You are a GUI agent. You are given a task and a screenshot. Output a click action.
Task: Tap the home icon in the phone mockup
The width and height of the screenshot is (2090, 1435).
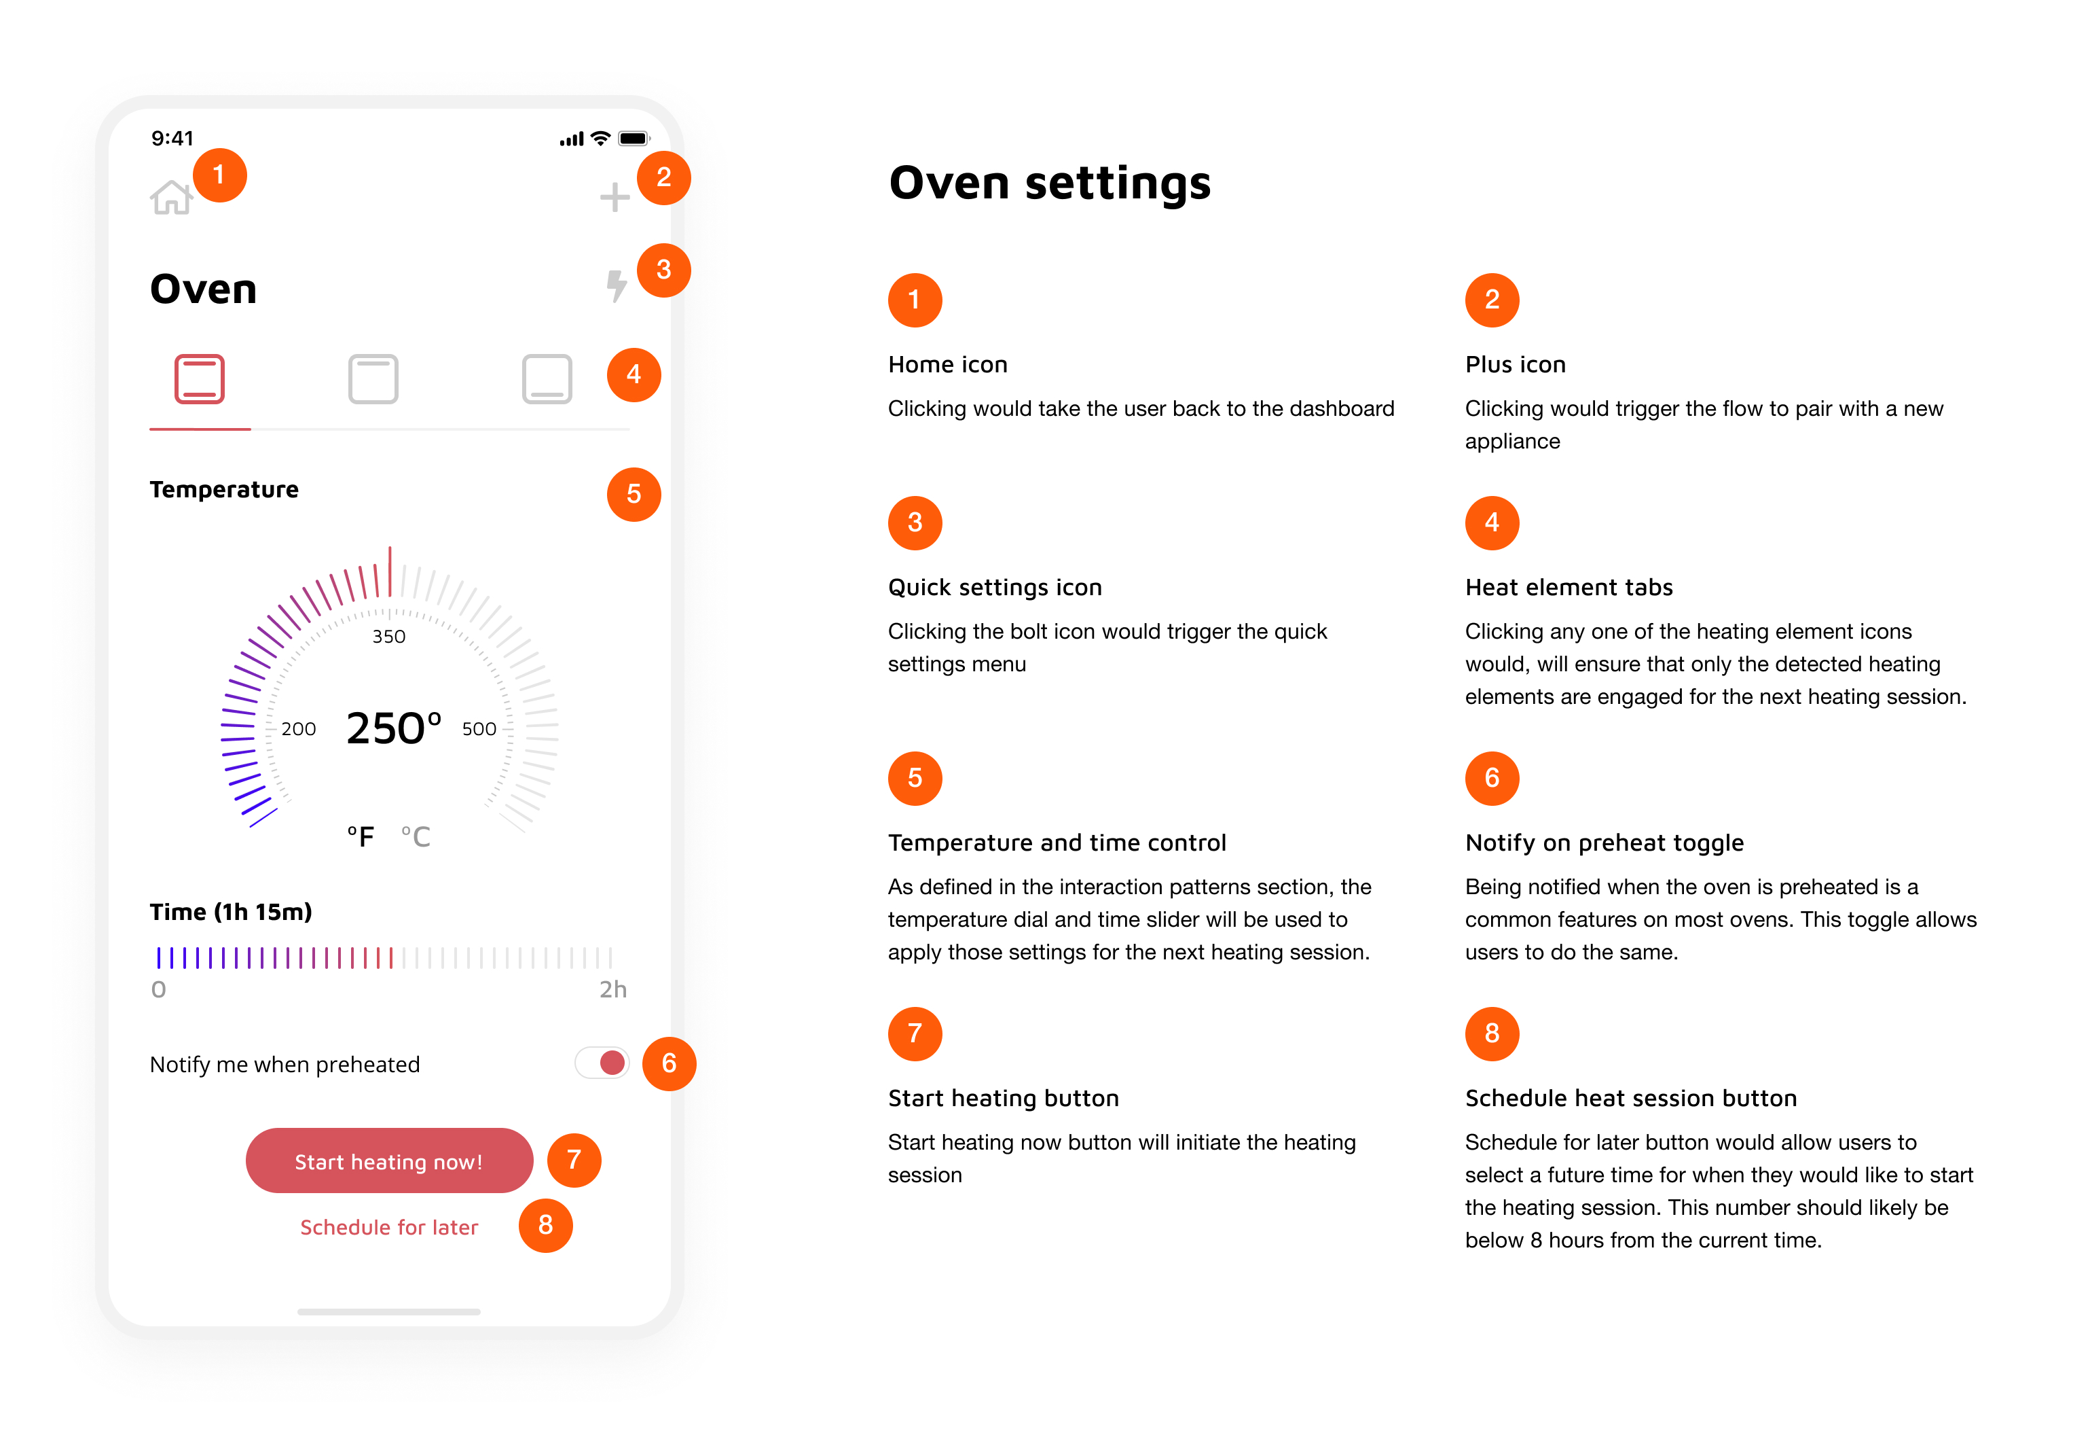tap(171, 197)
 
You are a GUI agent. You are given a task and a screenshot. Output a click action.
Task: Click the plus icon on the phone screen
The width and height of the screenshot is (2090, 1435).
tap(615, 197)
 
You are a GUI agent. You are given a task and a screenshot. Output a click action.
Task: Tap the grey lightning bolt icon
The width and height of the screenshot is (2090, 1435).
tap(616, 286)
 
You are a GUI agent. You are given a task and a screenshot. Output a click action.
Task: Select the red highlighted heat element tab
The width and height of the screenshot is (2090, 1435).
tap(199, 378)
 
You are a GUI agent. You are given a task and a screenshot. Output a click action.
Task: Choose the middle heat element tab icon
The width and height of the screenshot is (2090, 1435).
tap(373, 378)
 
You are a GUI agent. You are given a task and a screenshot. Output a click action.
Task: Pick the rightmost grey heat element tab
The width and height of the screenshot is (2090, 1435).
tap(547, 378)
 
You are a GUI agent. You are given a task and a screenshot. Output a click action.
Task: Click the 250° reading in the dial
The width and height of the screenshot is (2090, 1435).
tap(394, 728)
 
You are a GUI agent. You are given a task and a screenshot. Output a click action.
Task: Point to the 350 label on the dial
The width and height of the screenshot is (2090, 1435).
tap(389, 636)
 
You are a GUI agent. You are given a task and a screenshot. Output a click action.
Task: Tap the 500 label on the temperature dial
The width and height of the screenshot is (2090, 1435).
tap(479, 729)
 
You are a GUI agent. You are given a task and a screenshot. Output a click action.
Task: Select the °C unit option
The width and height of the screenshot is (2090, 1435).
tap(416, 836)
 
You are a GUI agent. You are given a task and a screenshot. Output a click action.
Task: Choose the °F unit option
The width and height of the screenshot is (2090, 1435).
tap(361, 836)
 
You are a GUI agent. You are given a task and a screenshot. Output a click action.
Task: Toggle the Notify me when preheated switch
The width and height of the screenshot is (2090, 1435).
tap(602, 1063)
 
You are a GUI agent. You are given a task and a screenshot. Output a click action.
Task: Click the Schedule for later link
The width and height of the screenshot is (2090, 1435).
tap(389, 1227)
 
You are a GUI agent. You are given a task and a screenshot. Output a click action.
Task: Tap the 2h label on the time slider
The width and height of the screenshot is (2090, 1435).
tap(613, 990)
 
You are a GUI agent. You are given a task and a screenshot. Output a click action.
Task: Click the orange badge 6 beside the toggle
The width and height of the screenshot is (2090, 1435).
tap(669, 1063)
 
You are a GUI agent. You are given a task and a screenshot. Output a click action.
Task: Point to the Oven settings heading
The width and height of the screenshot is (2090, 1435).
tap(1050, 183)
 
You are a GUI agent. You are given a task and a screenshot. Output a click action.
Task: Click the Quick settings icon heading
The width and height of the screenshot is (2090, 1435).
tap(995, 588)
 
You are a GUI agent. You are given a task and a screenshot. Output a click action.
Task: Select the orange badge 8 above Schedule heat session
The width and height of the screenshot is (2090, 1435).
tap(1492, 1033)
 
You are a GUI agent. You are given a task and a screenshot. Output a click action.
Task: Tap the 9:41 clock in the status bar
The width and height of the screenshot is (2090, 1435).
tap(172, 138)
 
